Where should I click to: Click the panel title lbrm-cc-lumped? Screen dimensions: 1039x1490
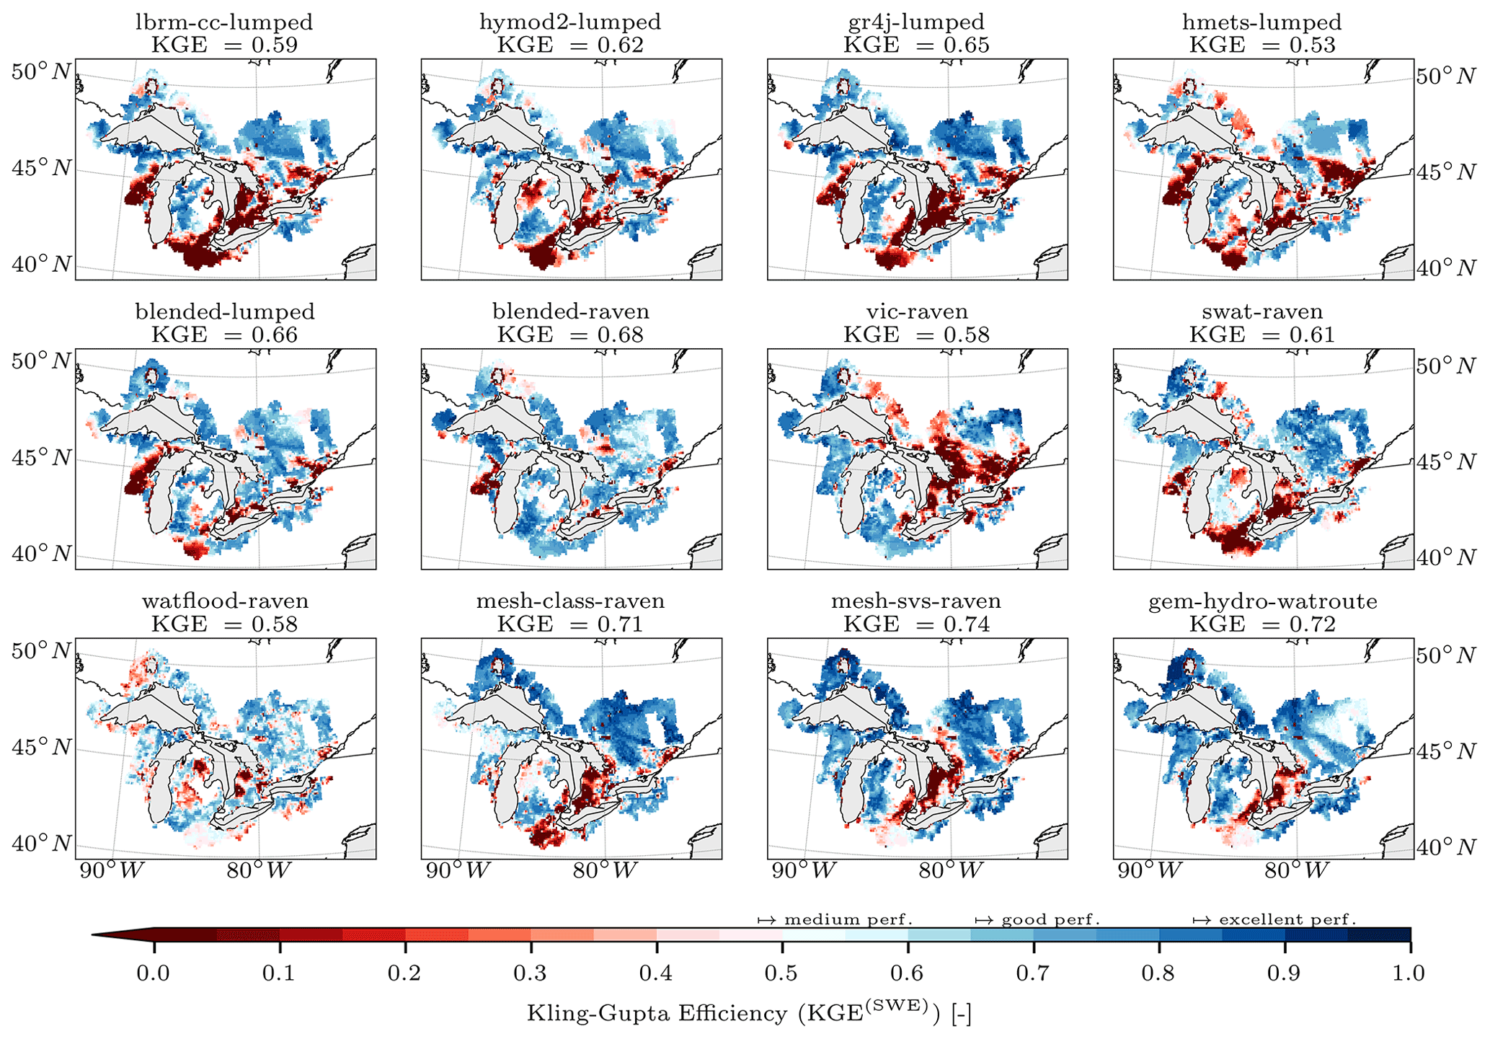[224, 22]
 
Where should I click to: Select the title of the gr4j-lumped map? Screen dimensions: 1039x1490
[916, 22]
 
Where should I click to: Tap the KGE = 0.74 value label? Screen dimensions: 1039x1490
[916, 624]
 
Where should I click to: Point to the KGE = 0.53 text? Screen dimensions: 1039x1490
[1262, 45]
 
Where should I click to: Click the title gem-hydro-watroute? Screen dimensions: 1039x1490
[1262, 601]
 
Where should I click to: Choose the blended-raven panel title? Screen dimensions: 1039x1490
[570, 311]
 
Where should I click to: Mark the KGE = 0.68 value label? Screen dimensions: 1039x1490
[570, 335]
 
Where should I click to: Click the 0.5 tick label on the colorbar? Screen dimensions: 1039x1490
[781, 973]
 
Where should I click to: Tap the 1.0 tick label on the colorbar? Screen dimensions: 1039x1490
[1409, 973]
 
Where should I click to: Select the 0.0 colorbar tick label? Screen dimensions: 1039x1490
[154, 973]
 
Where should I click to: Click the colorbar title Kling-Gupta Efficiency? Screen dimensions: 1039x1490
[749, 1014]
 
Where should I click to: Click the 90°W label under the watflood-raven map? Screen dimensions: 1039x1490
[112, 871]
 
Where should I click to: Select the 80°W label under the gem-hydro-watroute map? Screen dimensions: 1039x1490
[1297, 871]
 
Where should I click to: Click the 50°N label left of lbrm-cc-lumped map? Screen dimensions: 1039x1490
[41, 72]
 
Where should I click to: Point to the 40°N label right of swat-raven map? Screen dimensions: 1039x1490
[1446, 557]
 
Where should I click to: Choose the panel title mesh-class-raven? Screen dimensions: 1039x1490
[570, 601]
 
